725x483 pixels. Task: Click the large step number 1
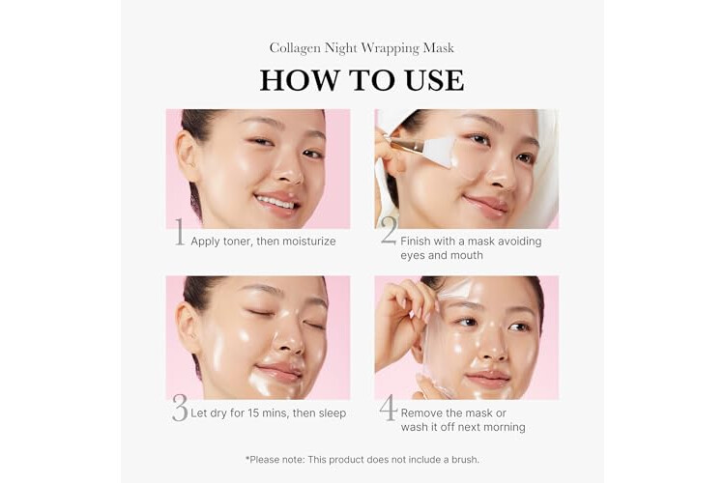[180, 232]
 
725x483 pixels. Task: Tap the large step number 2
[389, 230]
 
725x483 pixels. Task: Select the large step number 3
[180, 408]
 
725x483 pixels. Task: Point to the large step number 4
[389, 408]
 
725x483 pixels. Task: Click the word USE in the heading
[434, 80]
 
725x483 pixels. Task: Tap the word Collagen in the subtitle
[295, 48]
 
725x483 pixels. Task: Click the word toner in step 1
[237, 241]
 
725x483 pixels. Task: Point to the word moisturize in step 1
[309, 241]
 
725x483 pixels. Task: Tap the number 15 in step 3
[253, 413]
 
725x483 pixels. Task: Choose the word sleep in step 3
[332, 413]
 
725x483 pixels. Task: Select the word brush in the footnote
[464, 460]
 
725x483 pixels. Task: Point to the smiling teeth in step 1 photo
[275, 203]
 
